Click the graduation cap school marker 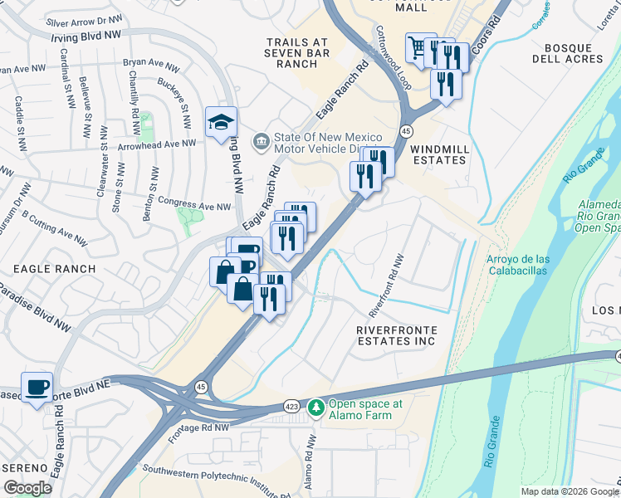tap(222, 122)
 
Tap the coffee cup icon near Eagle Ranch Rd tap(37, 388)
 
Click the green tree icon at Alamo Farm tap(315, 408)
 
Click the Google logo tap(27, 488)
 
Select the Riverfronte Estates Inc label tap(396, 335)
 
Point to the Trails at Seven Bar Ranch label tap(298, 53)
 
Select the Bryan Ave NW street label tap(151, 63)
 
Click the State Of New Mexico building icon tap(261, 139)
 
